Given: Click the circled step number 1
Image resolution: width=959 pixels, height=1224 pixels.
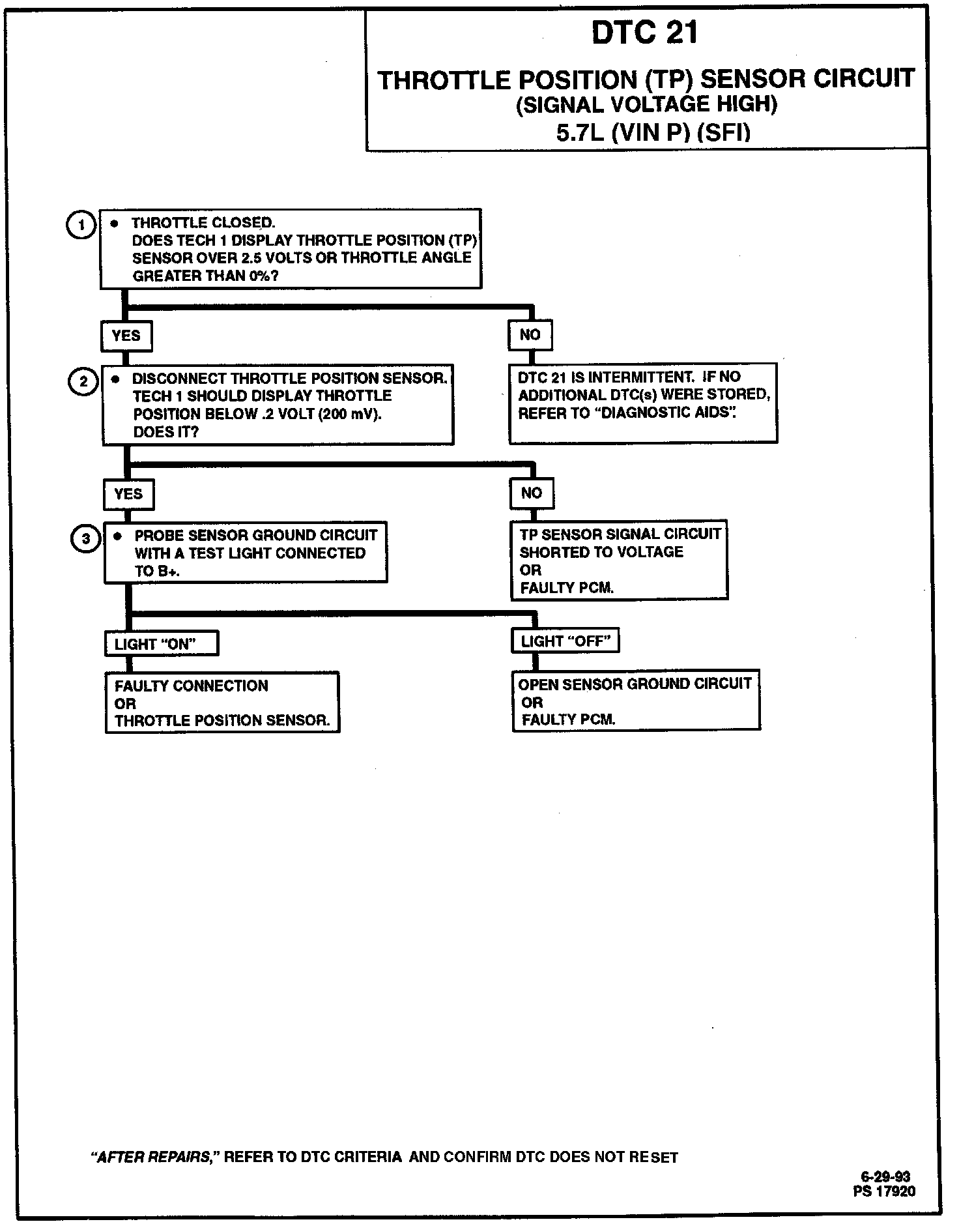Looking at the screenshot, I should pyautogui.click(x=81, y=226).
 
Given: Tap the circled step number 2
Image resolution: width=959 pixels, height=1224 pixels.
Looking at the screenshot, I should pyautogui.click(x=83, y=381).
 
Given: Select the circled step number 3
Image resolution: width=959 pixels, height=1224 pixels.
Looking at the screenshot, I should pyautogui.click(x=85, y=539).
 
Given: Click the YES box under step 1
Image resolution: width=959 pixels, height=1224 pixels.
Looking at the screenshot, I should pyautogui.click(x=126, y=336).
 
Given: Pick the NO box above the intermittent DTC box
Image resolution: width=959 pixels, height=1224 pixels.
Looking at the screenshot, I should pyautogui.click(x=530, y=334).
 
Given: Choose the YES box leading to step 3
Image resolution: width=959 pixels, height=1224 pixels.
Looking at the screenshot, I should pyautogui.click(x=128, y=494).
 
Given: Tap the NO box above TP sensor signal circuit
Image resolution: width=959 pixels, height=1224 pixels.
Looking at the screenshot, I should pyautogui.click(x=531, y=493).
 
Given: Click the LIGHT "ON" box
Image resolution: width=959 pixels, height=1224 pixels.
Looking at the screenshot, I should pyautogui.click(x=161, y=644).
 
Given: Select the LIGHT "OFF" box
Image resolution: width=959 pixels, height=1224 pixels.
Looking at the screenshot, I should pyautogui.click(x=565, y=641).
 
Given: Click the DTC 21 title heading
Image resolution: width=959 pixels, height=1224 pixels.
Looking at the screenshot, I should pyautogui.click(x=644, y=33).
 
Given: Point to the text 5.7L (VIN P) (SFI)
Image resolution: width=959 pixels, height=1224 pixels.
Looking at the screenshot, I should pyautogui.click(x=653, y=133).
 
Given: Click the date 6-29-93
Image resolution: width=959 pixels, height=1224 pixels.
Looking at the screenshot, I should pyautogui.click(x=885, y=1176).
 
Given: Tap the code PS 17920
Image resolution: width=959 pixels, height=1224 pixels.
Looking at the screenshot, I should pyautogui.click(x=884, y=1191).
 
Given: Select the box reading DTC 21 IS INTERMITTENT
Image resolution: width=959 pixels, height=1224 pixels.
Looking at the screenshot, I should pyautogui.click(x=642, y=403).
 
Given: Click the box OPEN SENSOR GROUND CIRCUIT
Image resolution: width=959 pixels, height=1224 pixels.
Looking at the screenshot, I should pyautogui.click(x=636, y=701).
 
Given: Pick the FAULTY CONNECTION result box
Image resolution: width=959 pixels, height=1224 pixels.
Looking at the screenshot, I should pyautogui.click(x=222, y=703).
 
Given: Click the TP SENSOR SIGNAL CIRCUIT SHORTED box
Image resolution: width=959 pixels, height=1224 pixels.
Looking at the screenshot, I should pyautogui.click(x=619, y=560).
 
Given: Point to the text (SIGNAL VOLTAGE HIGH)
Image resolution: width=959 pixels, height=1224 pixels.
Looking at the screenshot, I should pyautogui.click(x=646, y=104).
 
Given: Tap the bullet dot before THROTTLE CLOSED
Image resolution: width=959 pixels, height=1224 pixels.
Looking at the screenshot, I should pyautogui.click(x=115, y=224).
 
